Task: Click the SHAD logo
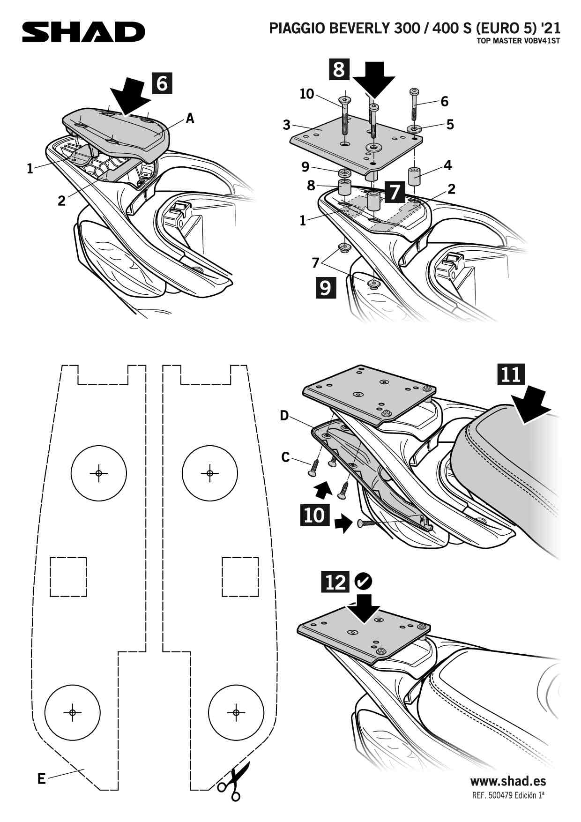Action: [x=83, y=32]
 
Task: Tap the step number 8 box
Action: [x=339, y=69]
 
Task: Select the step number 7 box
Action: [x=395, y=192]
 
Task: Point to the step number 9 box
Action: [x=326, y=287]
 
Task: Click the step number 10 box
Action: [x=314, y=515]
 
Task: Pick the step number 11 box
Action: [x=511, y=374]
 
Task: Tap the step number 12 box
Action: [x=335, y=582]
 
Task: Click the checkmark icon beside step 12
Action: [x=364, y=582]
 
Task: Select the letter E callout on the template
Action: [x=42, y=779]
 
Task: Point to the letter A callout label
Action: [x=190, y=119]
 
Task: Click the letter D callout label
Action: [x=284, y=415]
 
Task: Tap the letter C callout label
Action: [x=285, y=457]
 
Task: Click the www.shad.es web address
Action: [x=508, y=781]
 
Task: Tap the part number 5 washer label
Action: [x=450, y=124]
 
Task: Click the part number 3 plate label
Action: [x=286, y=125]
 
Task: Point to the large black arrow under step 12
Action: [x=364, y=608]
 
